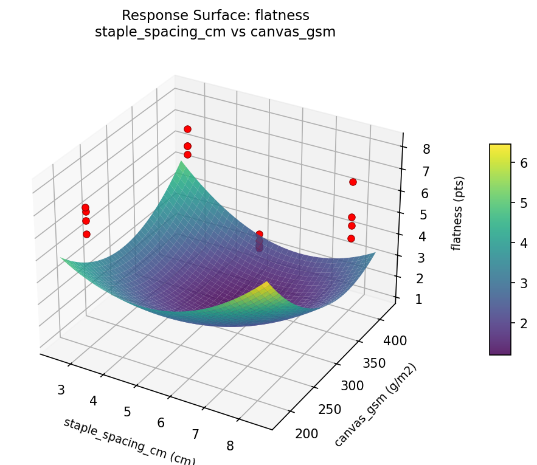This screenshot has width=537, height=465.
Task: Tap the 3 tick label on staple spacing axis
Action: coord(61,390)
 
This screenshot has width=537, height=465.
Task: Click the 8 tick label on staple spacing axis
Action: coord(230,446)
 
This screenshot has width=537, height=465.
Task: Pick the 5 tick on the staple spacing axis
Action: coord(127,412)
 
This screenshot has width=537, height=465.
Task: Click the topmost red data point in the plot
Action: coord(187,129)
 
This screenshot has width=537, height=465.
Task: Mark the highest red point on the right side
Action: coord(353,182)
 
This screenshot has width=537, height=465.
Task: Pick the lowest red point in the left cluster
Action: coord(86,234)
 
